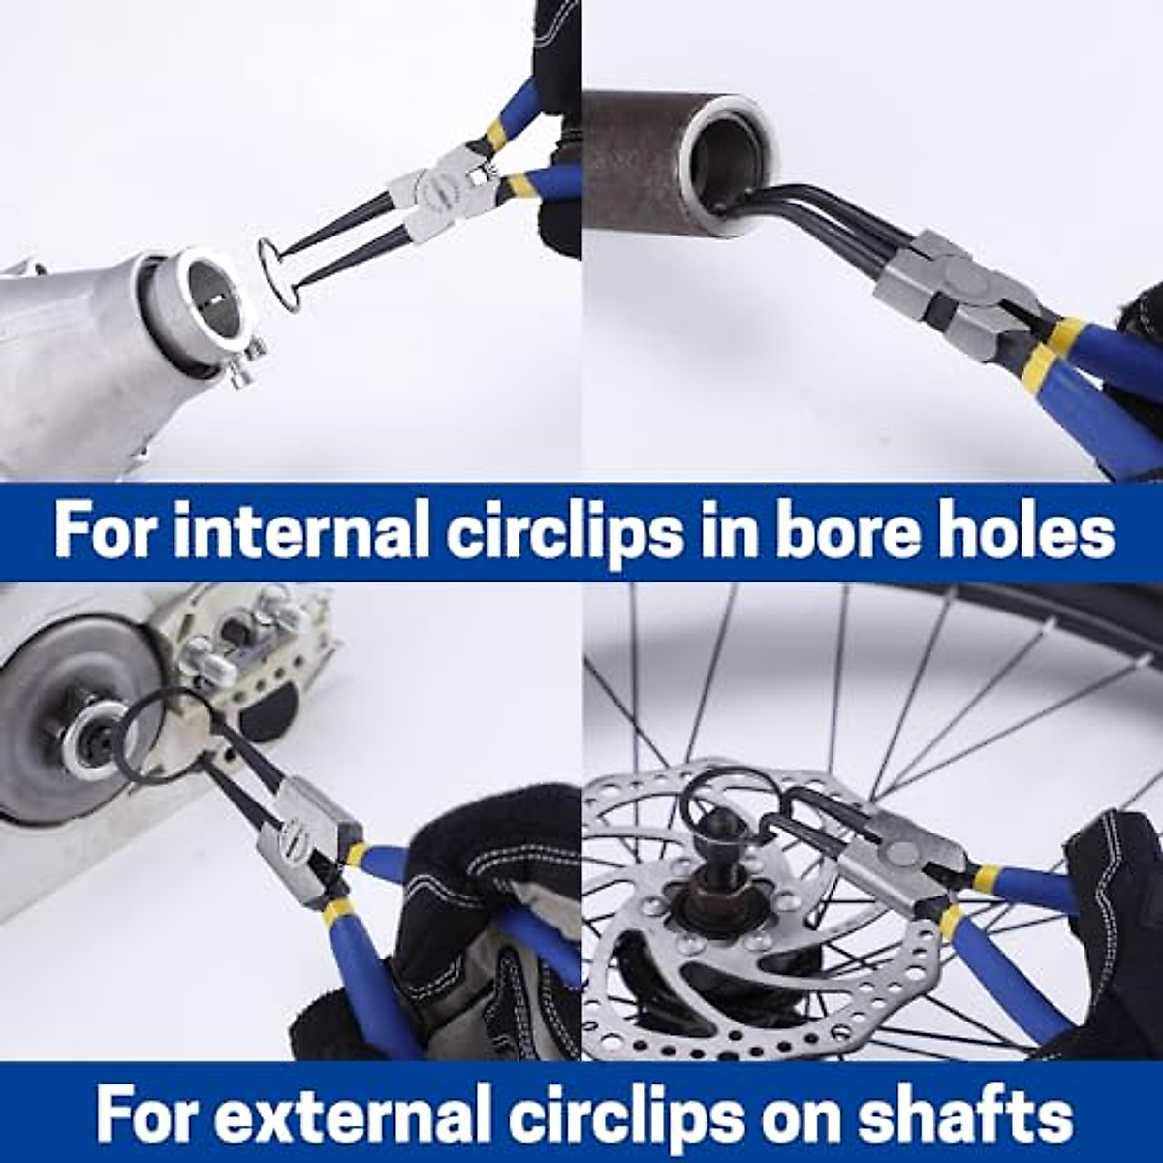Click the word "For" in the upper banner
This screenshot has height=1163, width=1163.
point(108,532)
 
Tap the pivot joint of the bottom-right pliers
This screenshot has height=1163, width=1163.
point(911,853)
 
